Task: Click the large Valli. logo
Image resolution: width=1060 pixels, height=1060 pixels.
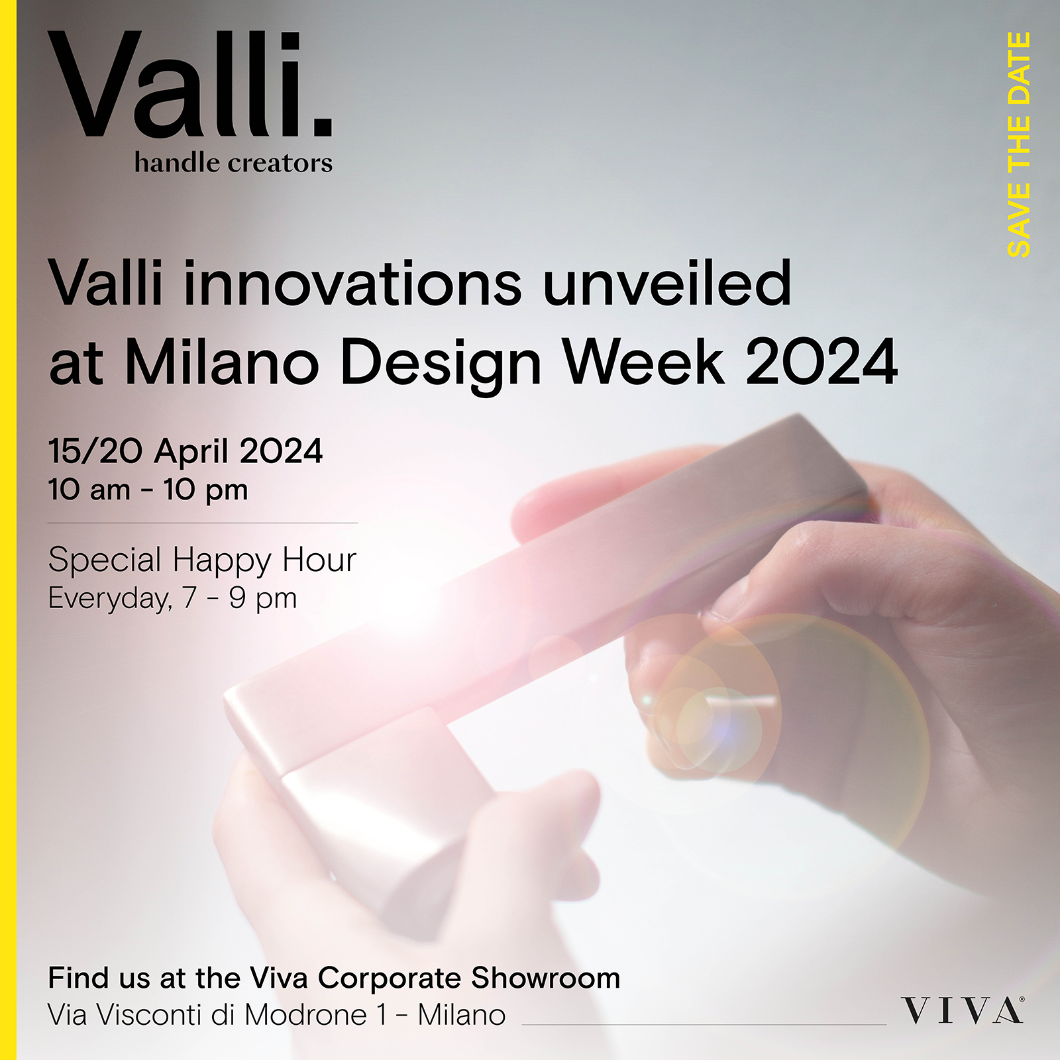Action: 189,84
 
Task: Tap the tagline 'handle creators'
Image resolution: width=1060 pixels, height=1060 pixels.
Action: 233,163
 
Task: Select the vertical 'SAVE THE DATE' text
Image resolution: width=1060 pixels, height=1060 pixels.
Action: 1019,144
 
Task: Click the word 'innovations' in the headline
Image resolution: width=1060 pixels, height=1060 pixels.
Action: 352,284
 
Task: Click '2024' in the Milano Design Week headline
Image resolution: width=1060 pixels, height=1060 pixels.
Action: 821,362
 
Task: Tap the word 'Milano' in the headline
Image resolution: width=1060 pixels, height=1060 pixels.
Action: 222,362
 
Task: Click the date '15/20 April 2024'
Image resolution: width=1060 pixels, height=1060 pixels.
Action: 185,451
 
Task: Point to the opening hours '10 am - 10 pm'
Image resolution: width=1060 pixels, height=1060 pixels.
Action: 148,490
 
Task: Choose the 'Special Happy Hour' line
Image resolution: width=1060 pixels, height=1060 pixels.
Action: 202,560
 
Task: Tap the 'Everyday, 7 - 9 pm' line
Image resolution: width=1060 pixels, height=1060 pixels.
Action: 172,598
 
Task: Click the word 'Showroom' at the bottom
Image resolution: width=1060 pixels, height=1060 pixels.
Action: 546,978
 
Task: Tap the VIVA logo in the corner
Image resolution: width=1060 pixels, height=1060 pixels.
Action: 963,1010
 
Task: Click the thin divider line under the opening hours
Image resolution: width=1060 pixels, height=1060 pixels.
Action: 203,523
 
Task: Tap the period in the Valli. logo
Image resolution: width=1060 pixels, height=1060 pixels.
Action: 322,126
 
